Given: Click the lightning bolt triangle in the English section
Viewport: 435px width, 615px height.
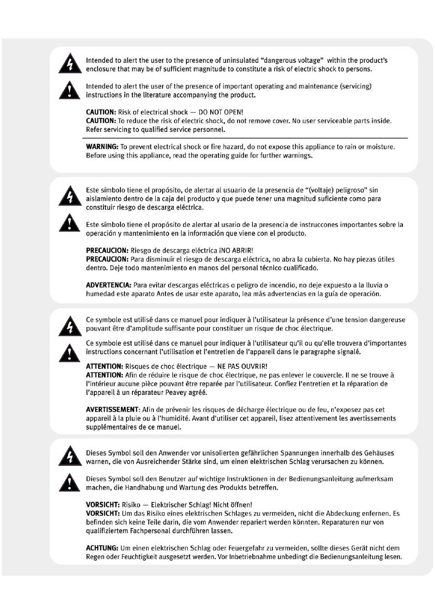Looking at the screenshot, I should [x=70, y=64].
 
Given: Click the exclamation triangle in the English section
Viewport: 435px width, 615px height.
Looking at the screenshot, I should [x=70, y=90].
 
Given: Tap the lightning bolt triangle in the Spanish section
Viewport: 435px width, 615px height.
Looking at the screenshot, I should [x=70, y=195].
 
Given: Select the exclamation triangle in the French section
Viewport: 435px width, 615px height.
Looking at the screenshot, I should [x=70, y=353].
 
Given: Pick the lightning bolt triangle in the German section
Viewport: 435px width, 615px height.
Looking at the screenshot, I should [x=70, y=456].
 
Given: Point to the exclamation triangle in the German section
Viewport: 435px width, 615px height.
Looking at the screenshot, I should [x=70, y=483].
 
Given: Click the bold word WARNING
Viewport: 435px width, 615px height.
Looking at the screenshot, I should [x=102, y=147].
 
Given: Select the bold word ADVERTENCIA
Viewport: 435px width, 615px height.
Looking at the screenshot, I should [x=109, y=285].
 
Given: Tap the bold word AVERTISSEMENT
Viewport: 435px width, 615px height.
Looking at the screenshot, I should [x=112, y=410].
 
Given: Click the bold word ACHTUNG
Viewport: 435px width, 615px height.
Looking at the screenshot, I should [x=102, y=548].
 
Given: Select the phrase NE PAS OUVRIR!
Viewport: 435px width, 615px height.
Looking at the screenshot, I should [x=242, y=366].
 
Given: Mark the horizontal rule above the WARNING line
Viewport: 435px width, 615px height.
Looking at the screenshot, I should [x=245, y=138].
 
